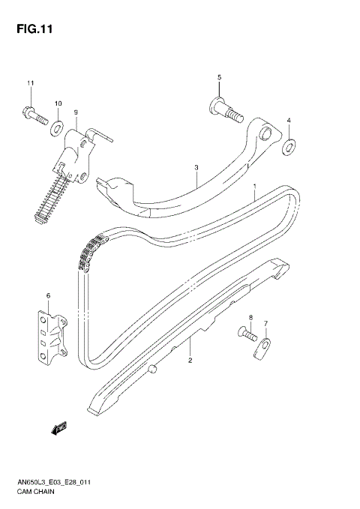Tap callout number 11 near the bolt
(31, 82)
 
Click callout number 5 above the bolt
(220, 78)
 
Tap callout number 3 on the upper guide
(195, 168)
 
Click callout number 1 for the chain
(255, 186)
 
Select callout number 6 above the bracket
(48, 296)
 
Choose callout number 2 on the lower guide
(190, 361)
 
